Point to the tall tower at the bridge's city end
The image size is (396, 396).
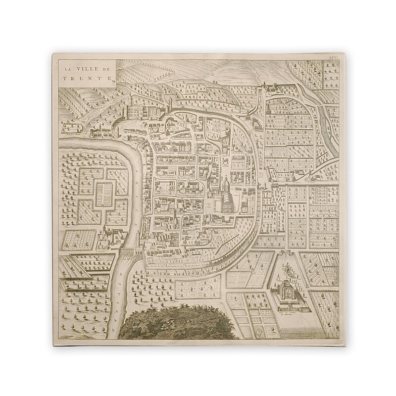pos(142,247)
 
